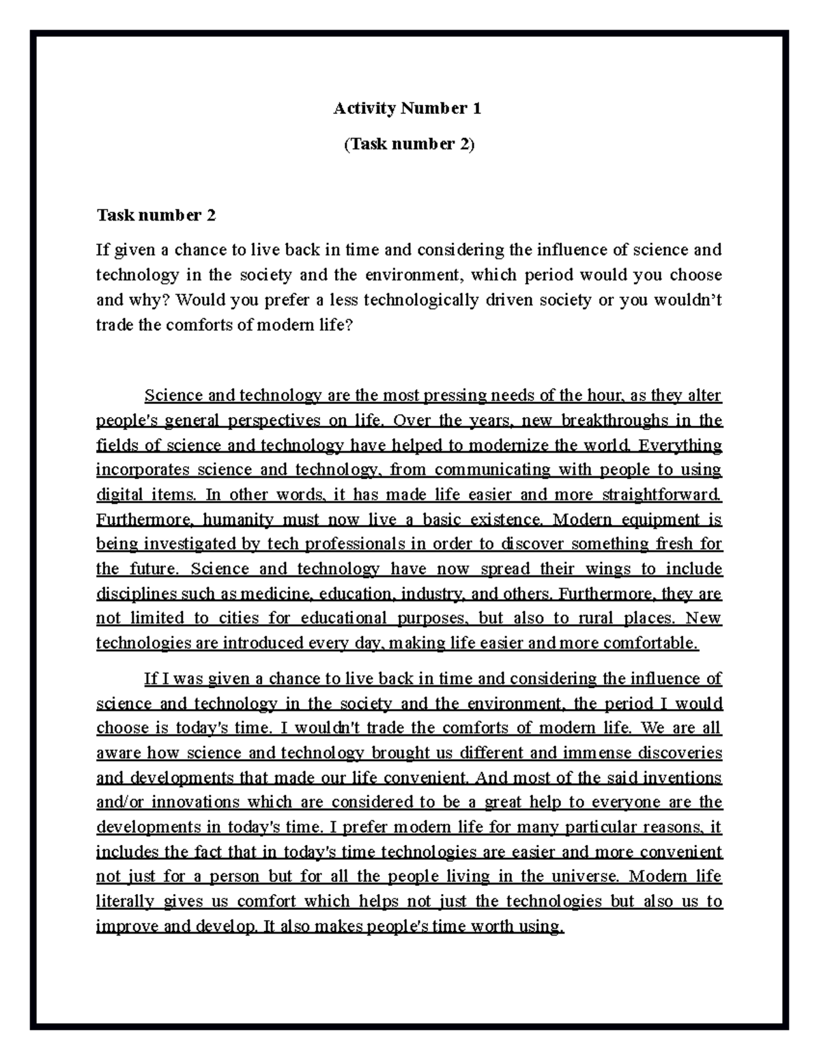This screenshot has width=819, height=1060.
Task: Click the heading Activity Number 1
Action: tap(407, 108)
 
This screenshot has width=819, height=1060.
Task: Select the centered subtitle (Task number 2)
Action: tap(409, 144)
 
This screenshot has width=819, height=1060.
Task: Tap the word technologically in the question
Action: tap(421, 300)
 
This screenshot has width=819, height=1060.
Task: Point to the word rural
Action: tap(596, 618)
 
